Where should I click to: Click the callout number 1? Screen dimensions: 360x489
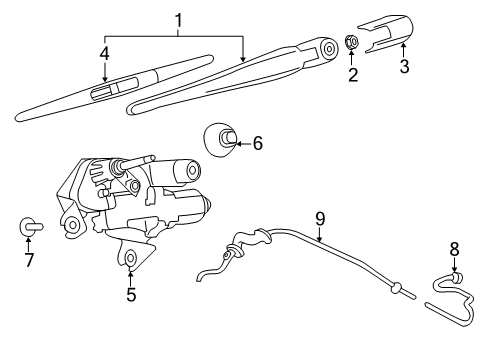point(180,20)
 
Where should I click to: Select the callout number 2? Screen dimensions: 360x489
point(351,73)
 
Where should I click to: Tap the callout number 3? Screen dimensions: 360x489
point(404,68)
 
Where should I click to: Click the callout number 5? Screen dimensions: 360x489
point(130,294)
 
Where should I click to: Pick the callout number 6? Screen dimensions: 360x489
point(257,144)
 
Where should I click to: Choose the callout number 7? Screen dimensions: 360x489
point(28,261)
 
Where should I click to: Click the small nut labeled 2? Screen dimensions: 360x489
point(351,42)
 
